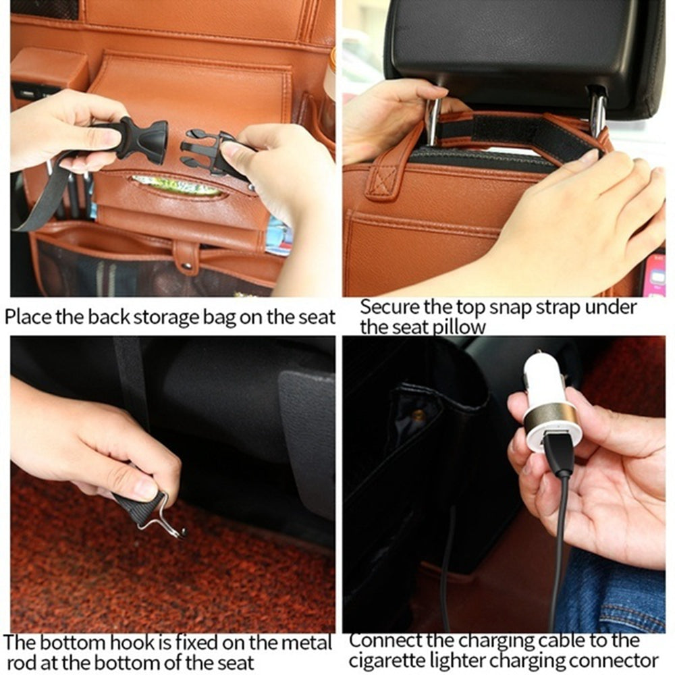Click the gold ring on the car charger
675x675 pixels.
click(551, 414)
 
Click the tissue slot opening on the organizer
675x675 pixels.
click(178, 186)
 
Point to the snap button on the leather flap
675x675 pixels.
click(186, 257)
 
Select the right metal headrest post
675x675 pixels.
click(597, 111)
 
